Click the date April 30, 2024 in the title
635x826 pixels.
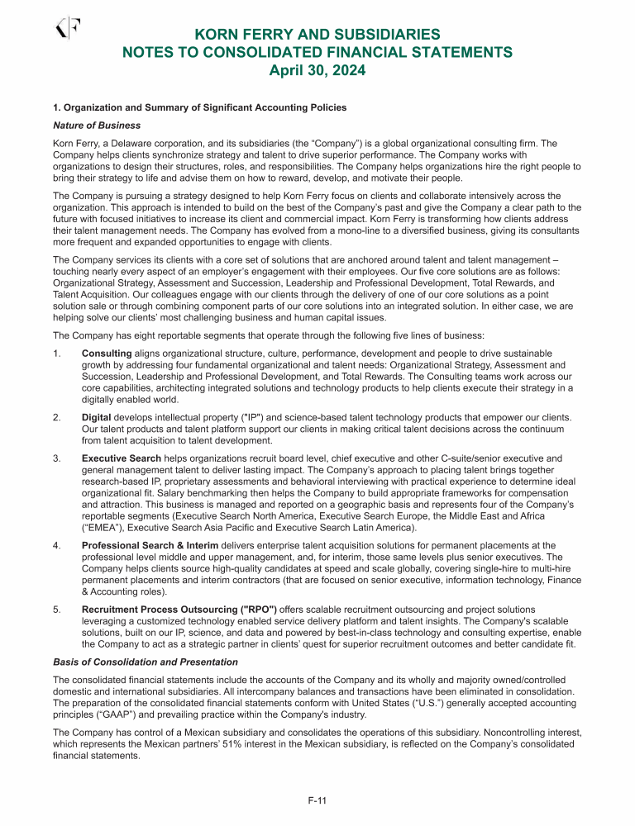tap(317, 71)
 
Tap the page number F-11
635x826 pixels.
tap(317, 800)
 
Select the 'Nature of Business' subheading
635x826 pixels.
tap(96, 126)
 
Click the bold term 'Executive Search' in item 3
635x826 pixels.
tap(124, 458)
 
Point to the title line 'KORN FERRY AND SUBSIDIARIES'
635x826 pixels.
tap(317, 35)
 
